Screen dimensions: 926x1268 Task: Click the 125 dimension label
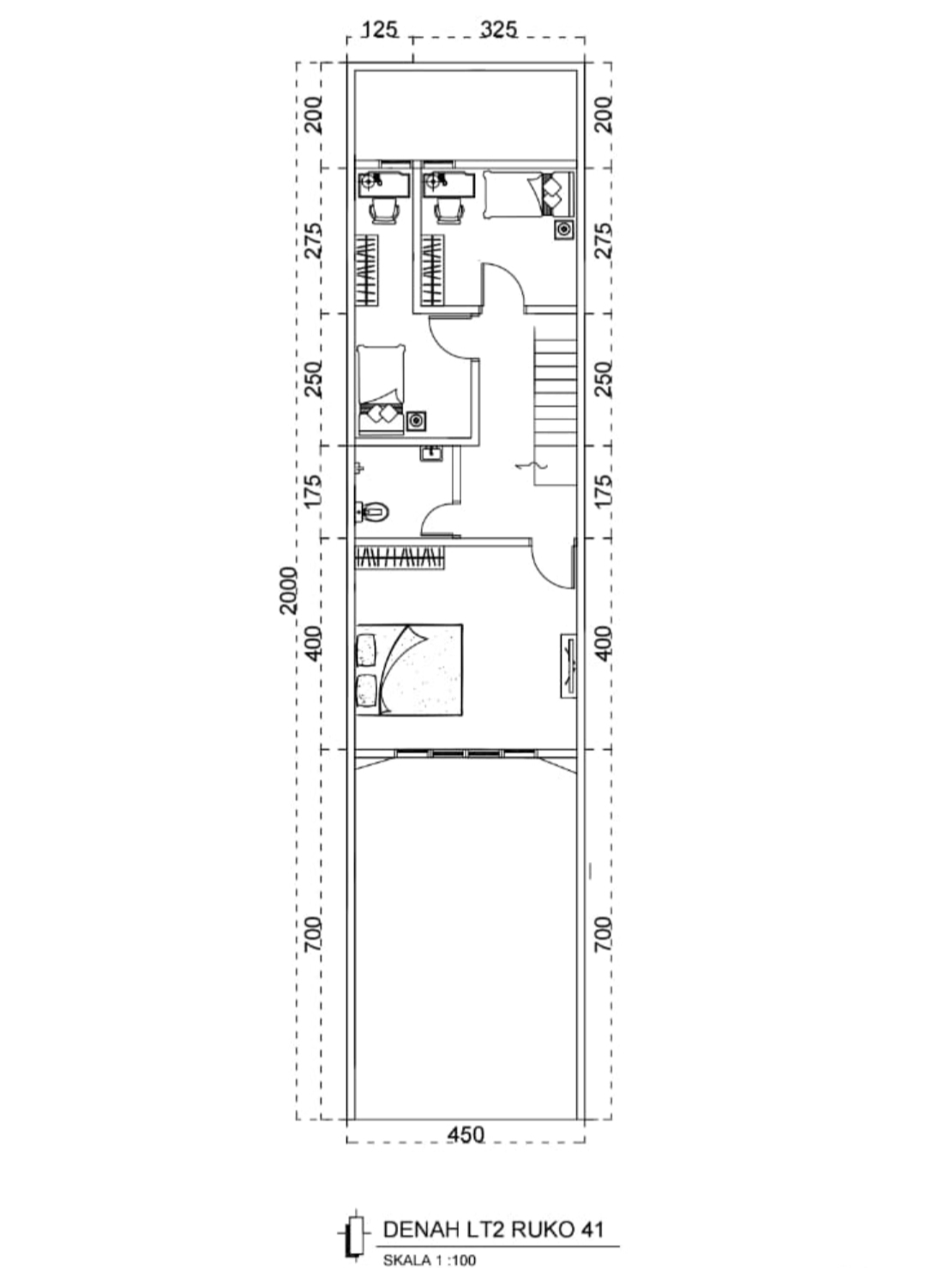[x=379, y=29]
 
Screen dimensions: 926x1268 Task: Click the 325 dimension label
[x=498, y=29]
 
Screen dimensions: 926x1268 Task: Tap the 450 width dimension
[x=466, y=1133]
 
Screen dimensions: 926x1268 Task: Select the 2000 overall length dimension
[x=289, y=589]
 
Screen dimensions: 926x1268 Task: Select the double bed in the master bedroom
[x=409, y=670]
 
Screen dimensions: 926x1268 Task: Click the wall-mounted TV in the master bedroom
[x=568, y=666]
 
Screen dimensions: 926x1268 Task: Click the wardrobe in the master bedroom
[x=400, y=558]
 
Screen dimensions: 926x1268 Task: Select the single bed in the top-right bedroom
[x=528, y=194]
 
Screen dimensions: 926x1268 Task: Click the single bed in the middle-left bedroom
[x=382, y=390]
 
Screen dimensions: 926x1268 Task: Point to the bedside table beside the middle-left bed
[x=417, y=422]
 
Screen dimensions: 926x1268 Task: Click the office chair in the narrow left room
[x=383, y=212]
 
